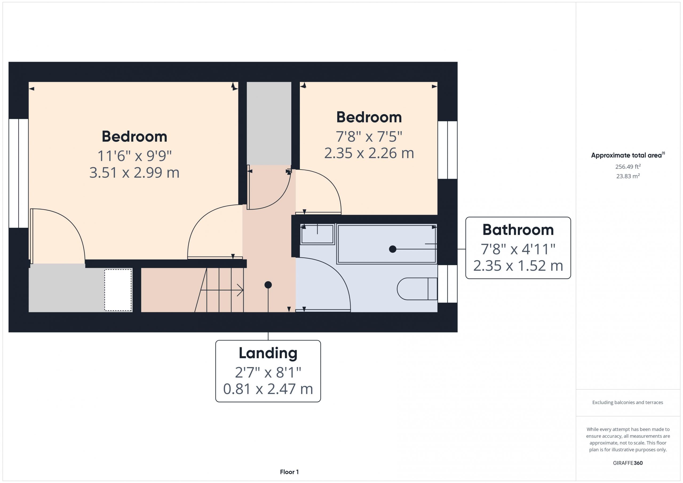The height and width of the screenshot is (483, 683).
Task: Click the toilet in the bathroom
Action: pos(417,289)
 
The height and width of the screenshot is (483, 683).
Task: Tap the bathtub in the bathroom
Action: pos(387,244)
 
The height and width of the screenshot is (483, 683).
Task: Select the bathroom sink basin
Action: pos(317,234)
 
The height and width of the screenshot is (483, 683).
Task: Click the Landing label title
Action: pos(268,353)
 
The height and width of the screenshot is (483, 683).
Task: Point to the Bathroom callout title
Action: pos(518,230)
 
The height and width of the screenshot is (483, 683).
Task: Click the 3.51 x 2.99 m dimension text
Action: pos(134,173)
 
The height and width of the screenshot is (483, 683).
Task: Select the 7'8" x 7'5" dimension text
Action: pos(369,137)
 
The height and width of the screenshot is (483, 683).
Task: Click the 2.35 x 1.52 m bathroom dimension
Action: pos(518,266)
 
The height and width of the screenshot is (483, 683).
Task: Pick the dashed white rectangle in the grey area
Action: pos(118,290)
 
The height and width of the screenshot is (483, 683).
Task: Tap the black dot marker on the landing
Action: pos(268,285)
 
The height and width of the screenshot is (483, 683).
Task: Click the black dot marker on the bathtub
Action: pos(393,249)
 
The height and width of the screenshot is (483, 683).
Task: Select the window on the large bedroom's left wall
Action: pos(18,173)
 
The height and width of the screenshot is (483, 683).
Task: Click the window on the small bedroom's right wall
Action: pos(447,150)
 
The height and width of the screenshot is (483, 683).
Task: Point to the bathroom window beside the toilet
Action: pos(447,284)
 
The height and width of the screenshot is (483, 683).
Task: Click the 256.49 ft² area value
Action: pos(628,166)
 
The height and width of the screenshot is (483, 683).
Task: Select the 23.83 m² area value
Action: pos(628,176)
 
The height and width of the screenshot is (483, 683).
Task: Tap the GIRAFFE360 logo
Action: pos(628,463)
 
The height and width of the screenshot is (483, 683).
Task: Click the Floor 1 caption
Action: pos(289,472)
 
